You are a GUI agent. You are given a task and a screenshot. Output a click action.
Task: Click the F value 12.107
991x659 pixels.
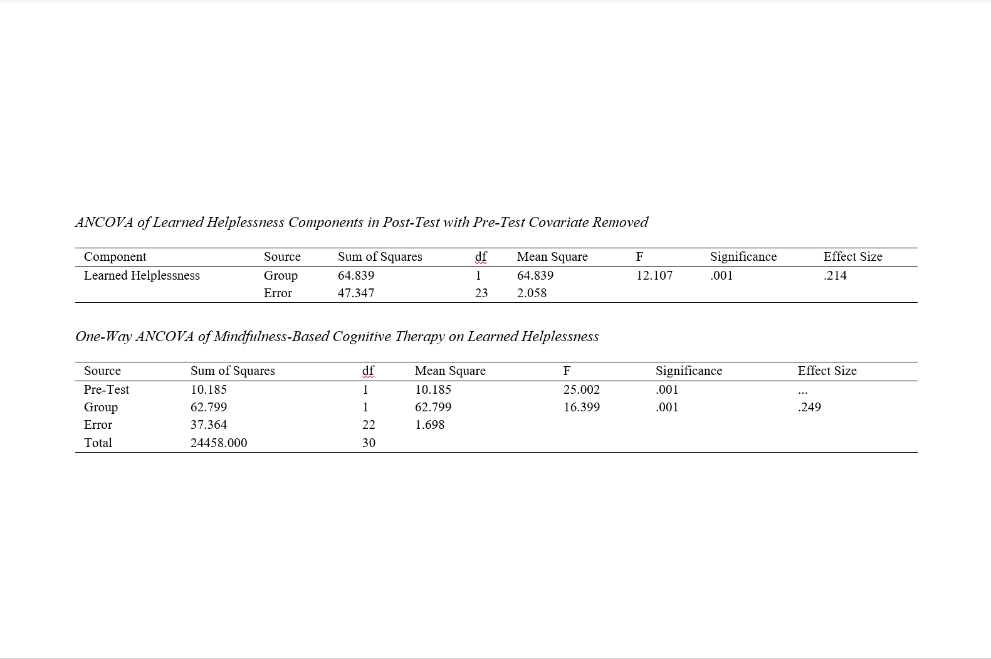(654, 275)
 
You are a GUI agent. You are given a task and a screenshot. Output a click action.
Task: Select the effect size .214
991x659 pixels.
(835, 275)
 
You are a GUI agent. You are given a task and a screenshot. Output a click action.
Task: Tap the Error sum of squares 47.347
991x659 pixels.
(355, 293)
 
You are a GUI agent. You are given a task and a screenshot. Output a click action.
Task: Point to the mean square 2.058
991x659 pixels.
(532, 293)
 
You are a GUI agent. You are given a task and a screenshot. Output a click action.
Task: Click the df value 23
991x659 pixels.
(481, 293)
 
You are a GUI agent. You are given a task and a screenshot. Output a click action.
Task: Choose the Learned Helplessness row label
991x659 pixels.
(142, 275)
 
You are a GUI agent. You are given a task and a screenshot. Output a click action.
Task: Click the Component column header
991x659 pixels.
(115, 256)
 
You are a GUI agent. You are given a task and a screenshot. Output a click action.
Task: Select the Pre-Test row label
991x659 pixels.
(107, 389)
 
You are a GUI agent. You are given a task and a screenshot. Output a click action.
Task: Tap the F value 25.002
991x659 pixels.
(581, 389)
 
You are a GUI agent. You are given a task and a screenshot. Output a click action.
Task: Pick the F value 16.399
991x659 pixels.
(581, 407)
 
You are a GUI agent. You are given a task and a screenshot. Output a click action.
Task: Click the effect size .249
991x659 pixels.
(809, 407)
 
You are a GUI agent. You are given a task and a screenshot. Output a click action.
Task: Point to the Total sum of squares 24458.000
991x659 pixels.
(219, 443)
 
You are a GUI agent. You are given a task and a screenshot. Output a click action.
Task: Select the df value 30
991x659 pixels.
(369, 443)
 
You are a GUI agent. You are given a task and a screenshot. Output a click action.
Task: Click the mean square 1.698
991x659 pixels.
(429, 424)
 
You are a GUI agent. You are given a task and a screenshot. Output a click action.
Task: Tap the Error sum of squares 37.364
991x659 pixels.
(209, 424)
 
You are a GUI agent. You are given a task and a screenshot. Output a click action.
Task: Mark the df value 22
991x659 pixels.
(369, 424)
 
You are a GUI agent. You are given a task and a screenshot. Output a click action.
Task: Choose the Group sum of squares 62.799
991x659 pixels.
(209, 407)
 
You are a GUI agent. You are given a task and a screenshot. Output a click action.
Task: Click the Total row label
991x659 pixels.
(98, 443)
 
